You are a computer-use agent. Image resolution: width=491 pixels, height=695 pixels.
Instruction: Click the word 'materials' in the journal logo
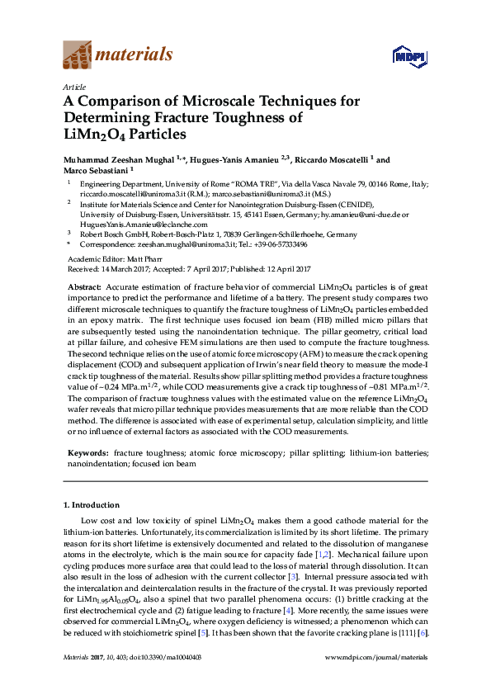tap(134, 55)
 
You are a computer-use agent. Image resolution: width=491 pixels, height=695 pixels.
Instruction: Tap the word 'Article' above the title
tap(74, 87)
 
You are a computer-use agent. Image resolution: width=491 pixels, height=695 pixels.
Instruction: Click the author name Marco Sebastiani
tap(91, 170)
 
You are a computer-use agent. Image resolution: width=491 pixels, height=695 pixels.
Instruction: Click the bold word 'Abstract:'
tap(84, 286)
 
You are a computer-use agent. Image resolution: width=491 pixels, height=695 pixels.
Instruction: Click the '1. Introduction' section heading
tap(91, 504)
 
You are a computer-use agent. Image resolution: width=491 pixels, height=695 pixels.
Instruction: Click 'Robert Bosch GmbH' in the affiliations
tap(109, 234)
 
